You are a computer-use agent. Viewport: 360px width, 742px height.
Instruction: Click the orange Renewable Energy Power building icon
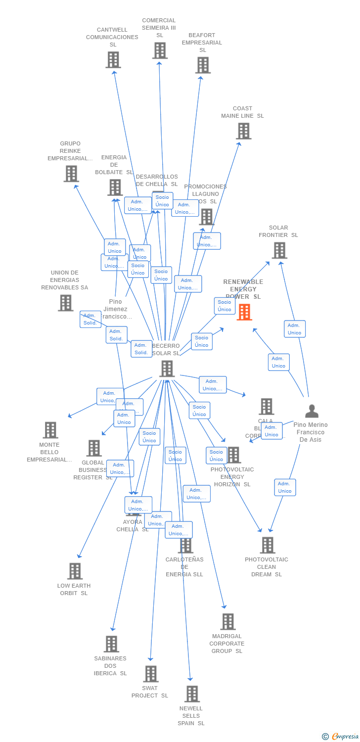click(x=244, y=312)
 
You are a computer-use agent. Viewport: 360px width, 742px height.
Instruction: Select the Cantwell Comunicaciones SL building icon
click(x=113, y=60)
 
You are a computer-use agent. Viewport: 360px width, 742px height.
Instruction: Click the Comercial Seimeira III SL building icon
click(x=160, y=50)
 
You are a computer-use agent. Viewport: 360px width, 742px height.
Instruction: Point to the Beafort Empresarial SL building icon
click(x=203, y=65)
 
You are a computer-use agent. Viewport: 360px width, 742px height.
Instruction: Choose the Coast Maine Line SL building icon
click(x=244, y=131)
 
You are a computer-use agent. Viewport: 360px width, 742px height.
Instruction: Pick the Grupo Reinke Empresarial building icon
click(x=71, y=174)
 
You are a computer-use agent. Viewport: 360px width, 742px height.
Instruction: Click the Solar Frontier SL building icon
click(x=279, y=250)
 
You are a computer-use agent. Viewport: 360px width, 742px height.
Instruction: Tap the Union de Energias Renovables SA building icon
click(x=65, y=303)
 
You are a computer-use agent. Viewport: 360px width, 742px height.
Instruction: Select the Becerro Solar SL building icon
click(x=167, y=369)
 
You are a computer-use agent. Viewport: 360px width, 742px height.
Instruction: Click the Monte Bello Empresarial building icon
click(x=50, y=430)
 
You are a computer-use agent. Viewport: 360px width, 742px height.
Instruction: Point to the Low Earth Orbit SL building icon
click(x=75, y=571)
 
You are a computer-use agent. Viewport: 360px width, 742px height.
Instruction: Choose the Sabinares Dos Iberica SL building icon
click(x=111, y=644)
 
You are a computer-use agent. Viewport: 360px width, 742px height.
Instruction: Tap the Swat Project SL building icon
click(x=151, y=674)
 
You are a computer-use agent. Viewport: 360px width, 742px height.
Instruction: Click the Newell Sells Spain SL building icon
click(x=192, y=694)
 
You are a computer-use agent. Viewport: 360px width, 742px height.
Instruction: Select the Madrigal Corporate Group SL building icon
click(x=227, y=622)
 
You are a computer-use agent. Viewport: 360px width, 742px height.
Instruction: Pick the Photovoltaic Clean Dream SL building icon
click(x=268, y=545)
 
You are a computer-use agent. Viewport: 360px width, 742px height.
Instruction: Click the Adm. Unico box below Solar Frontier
click(x=295, y=329)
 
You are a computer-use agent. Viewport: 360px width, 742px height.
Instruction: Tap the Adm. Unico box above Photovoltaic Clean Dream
click(x=285, y=487)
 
